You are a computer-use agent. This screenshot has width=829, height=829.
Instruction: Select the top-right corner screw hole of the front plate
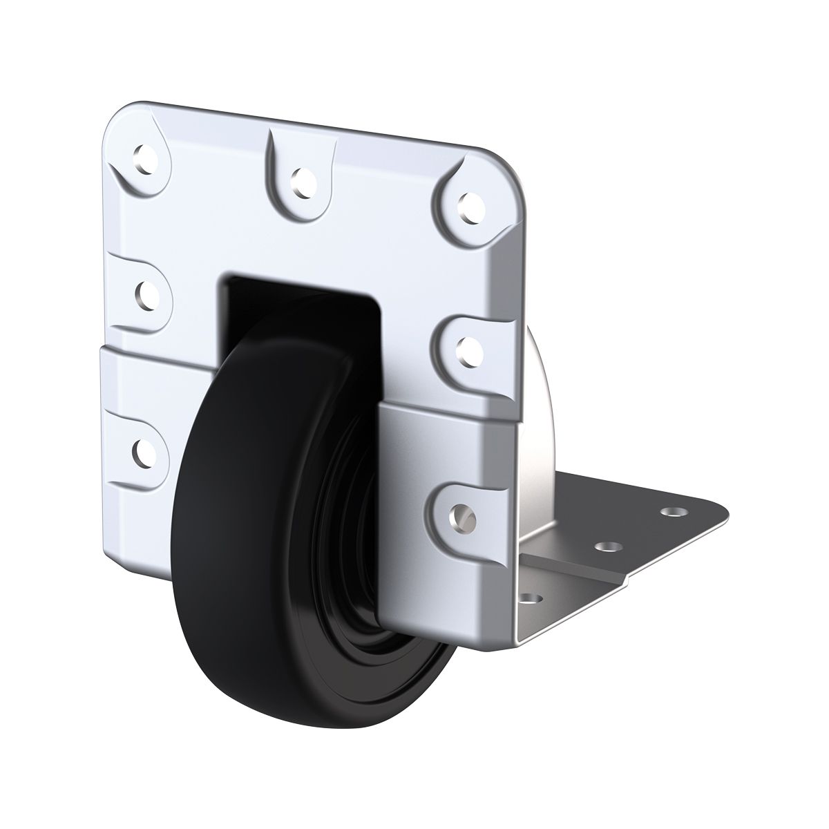pos(470,204)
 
